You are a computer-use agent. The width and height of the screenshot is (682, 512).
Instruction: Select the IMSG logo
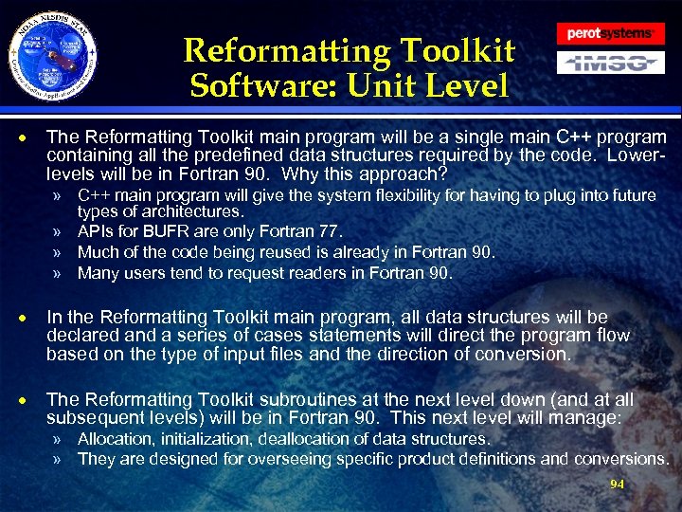pos(609,64)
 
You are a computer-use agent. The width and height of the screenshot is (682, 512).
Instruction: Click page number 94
pos(617,484)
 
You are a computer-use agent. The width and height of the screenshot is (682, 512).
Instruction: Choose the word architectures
pos(200,211)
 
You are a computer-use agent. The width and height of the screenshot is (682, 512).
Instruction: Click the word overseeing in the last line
pos(284,459)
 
